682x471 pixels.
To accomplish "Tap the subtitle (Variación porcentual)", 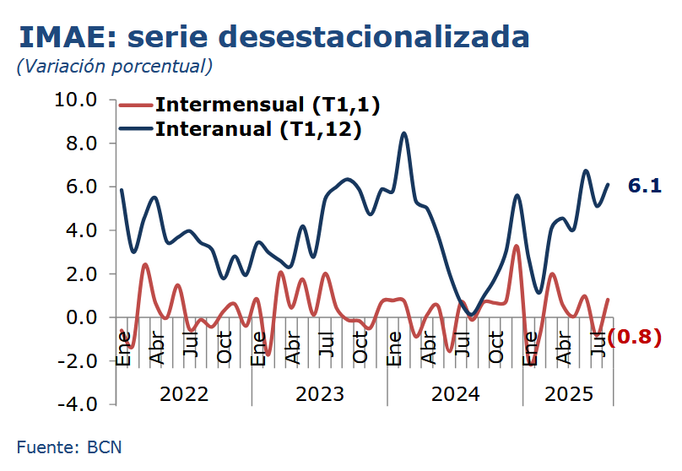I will pyautogui.click(x=114, y=66).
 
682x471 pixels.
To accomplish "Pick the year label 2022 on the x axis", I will pyautogui.click(x=184, y=394).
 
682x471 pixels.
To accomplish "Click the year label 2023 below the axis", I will pyautogui.click(x=319, y=394).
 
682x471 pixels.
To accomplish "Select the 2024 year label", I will pyautogui.click(x=454, y=394).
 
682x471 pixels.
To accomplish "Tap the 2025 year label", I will pyautogui.click(x=568, y=394).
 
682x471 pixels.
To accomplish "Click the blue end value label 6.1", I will pyautogui.click(x=644, y=187).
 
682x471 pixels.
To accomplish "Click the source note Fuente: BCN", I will pyautogui.click(x=69, y=447).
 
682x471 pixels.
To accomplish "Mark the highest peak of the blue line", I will pyautogui.click(x=404, y=133).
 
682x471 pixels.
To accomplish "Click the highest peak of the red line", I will pyautogui.click(x=517, y=246).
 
